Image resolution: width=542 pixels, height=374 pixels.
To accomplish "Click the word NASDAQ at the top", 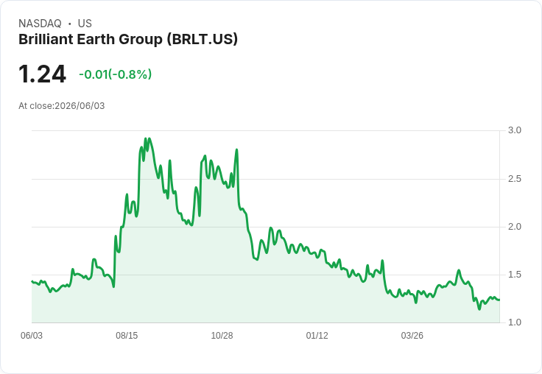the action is (40, 24).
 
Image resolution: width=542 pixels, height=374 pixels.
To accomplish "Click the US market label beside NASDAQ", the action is (85, 24).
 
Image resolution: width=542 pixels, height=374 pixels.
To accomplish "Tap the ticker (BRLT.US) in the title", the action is (203, 40).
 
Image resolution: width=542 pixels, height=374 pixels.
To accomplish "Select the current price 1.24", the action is (42, 74).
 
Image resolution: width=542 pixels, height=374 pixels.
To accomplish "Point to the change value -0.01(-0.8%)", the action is (116, 74).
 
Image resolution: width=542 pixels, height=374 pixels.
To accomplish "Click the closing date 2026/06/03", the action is (80, 106).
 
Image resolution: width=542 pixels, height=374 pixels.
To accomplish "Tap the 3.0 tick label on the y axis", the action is (514, 130).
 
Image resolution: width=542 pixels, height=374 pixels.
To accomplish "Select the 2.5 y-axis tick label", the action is (514, 179).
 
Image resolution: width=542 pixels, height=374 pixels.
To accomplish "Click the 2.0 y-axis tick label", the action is (514, 227).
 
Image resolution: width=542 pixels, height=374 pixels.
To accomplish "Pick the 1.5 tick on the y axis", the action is (514, 275).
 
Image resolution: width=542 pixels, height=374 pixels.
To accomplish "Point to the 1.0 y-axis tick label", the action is (514, 322).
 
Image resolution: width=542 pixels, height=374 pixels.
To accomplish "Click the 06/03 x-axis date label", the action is (32, 336).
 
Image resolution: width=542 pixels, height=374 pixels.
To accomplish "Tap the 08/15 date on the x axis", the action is (127, 336).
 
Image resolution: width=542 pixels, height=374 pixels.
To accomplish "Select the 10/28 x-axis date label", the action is (222, 336).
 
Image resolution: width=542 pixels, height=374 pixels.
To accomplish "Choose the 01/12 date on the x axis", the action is (317, 336).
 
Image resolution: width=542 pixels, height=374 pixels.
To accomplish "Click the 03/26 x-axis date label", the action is (412, 336).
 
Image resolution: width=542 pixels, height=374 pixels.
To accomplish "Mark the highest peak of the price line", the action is (145, 138).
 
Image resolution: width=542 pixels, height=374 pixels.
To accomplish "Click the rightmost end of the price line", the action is (499, 300).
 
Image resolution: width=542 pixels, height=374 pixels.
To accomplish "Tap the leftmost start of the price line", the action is (32, 281).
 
